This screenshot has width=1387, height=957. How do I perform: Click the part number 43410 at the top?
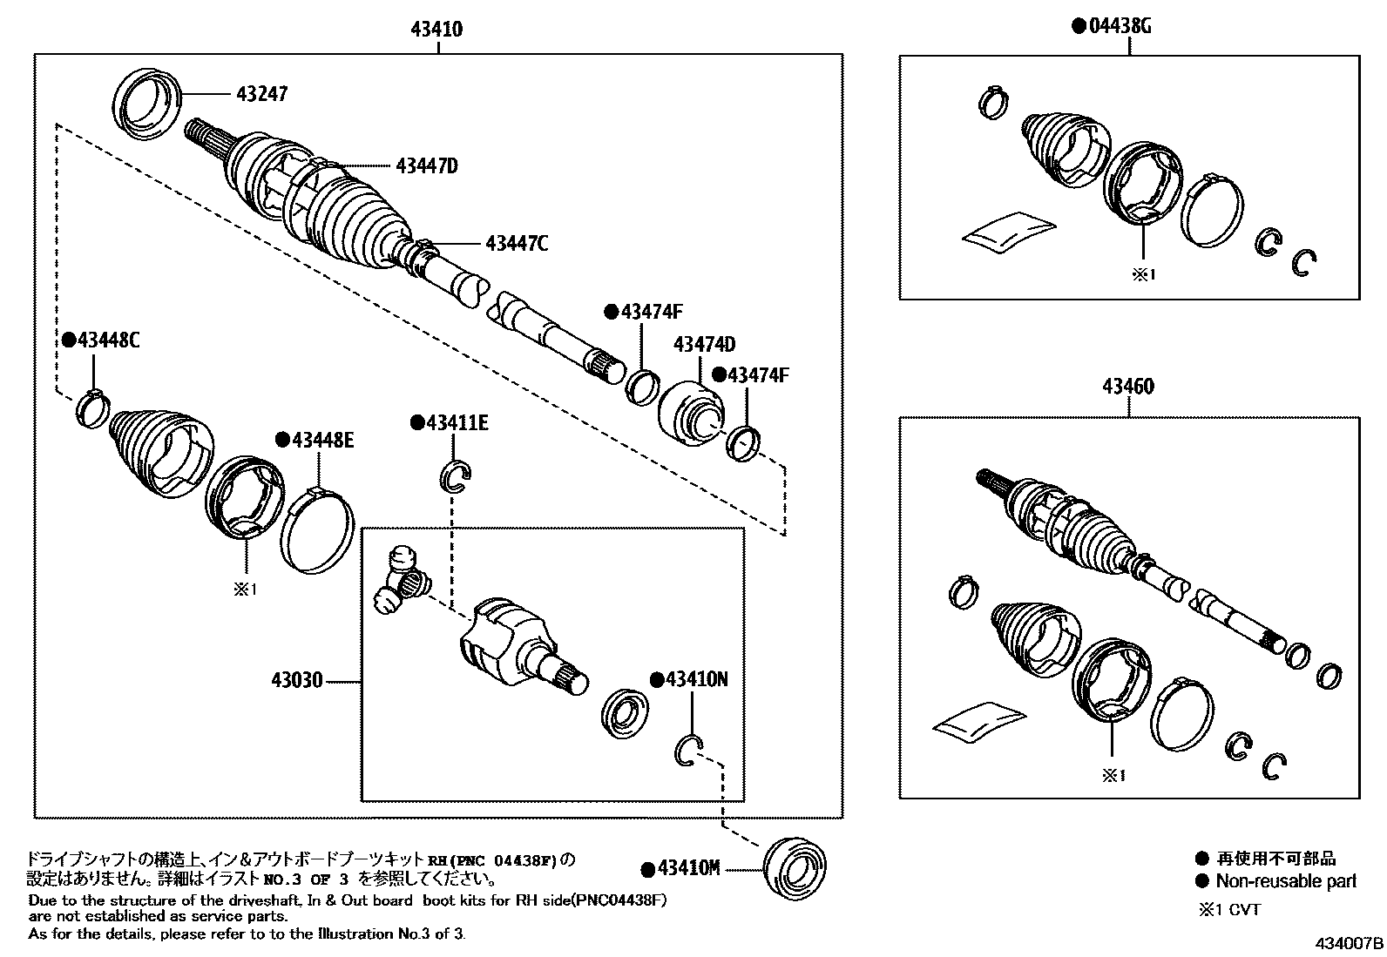click(437, 30)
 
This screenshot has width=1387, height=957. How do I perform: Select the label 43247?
click(260, 93)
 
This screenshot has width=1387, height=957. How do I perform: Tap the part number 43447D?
click(427, 165)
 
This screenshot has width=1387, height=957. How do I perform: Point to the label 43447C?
click(517, 244)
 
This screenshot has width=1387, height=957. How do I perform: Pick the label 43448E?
click(322, 440)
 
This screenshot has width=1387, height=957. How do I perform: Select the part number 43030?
click(296, 681)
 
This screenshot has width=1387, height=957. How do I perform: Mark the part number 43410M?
click(688, 869)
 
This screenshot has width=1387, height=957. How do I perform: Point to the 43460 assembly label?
click(1129, 387)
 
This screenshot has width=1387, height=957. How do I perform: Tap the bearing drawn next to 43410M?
click(794, 866)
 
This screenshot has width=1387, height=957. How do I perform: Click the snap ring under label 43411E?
click(456, 476)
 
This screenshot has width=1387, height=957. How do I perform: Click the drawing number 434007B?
click(1350, 944)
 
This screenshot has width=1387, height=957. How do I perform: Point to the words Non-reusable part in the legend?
click(1286, 881)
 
